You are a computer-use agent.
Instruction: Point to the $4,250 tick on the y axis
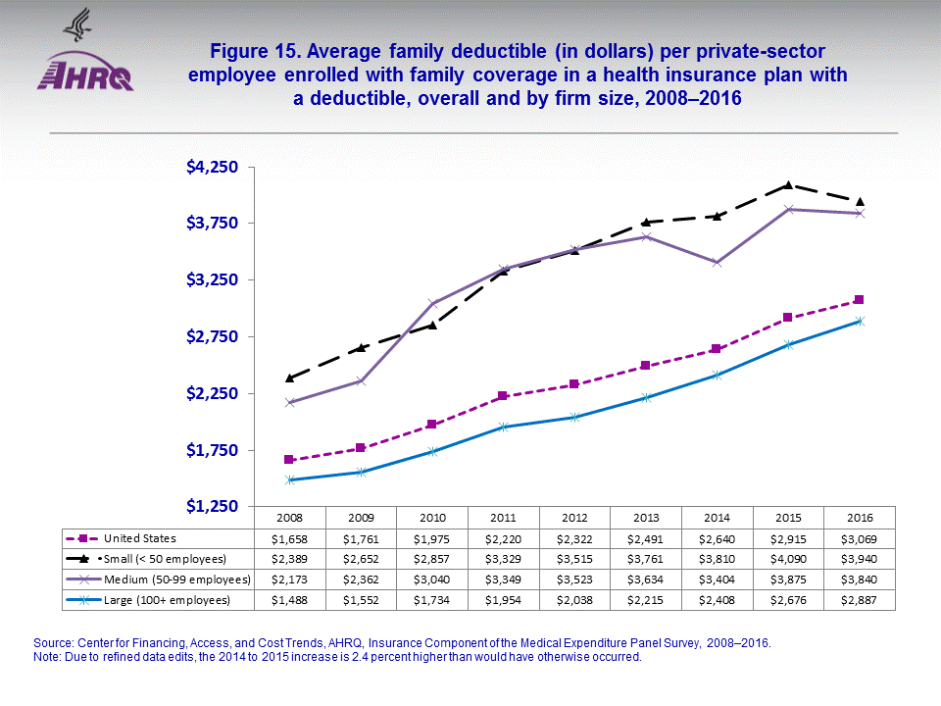213,167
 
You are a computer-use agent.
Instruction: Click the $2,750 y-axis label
213,336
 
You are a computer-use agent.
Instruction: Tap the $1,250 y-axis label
213,506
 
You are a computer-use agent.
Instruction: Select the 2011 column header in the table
503,518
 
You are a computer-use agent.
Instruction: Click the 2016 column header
859,518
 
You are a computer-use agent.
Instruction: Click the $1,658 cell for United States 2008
289,538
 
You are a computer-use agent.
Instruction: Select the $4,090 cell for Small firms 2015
788,559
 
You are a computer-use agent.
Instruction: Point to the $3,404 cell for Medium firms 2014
717,579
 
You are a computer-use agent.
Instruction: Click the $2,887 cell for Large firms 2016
859,599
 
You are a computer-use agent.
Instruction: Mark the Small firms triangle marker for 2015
788,184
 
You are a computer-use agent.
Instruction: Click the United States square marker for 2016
859,300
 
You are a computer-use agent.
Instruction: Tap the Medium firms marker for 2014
717,263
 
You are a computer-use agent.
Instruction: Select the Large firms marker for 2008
289,479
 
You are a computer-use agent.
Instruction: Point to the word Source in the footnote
54,642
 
